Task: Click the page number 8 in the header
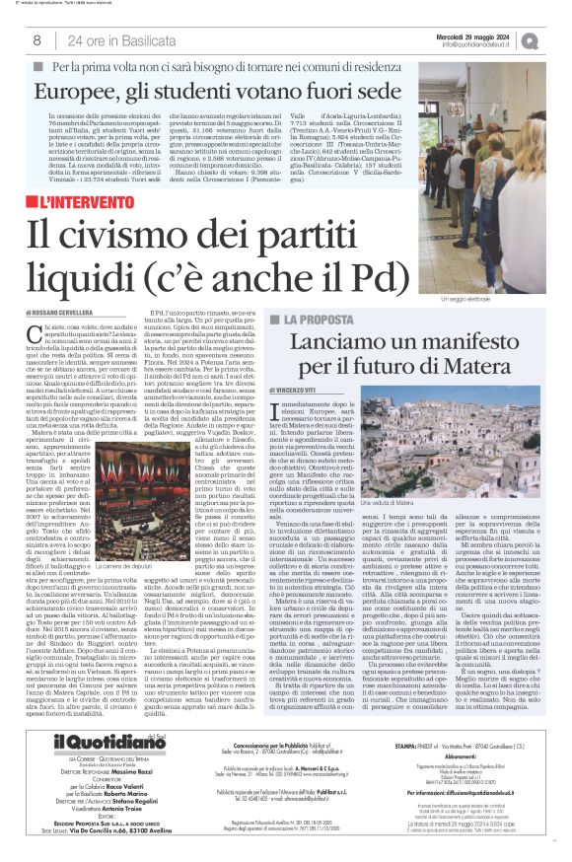click(36, 40)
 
